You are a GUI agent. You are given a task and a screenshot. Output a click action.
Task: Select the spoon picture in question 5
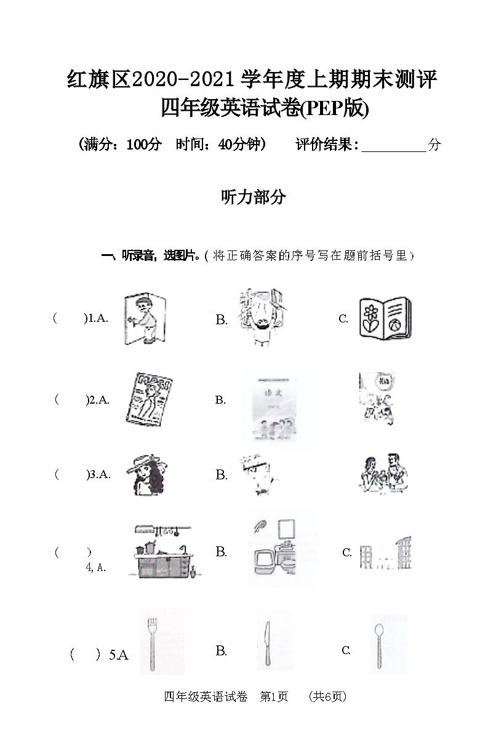[x=379, y=644]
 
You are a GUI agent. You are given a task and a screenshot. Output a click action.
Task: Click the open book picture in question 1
[x=385, y=318]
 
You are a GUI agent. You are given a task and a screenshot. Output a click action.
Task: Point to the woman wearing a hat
[x=146, y=475]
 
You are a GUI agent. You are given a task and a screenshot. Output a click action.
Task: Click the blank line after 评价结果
[x=394, y=146]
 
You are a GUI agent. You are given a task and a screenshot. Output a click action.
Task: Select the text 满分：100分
[x=120, y=145]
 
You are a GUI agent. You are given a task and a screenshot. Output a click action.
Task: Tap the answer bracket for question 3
[x=71, y=474]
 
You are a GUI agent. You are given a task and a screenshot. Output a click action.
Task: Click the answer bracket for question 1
[x=70, y=318]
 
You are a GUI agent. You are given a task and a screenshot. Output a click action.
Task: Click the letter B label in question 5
[x=222, y=651]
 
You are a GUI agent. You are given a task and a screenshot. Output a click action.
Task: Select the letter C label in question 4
[x=347, y=553]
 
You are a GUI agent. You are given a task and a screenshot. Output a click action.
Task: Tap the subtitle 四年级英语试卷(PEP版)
[x=265, y=109]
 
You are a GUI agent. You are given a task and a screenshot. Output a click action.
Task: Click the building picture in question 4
[x=386, y=553]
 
